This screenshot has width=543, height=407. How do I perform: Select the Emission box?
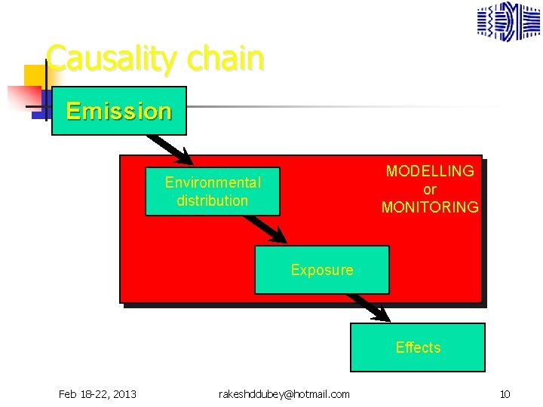[118, 111]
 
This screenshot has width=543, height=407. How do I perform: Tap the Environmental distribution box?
[212, 191]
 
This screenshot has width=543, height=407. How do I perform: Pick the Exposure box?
[322, 270]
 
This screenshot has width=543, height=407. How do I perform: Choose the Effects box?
[418, 347]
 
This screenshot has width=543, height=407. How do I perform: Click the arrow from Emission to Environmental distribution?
[170, 149]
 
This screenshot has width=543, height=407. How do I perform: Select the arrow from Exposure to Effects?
[368, 307]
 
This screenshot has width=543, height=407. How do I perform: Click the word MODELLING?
[430, 171]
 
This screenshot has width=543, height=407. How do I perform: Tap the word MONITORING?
[430, 207]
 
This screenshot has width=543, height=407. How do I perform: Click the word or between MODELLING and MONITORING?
[430, 189]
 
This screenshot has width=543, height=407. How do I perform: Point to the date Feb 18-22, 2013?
[97, 394]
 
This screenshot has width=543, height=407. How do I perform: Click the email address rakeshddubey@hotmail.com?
[284, 394]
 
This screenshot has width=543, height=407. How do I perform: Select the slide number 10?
[505, 394]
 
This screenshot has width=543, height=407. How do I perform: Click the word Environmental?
[213, 182]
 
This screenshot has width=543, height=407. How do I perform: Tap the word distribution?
[212, 200]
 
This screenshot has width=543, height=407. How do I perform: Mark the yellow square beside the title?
[34, 75]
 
